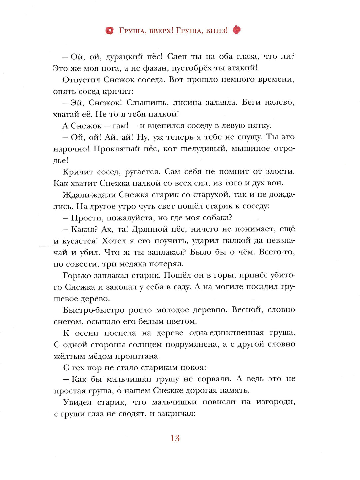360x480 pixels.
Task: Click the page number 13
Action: tap(175, 438)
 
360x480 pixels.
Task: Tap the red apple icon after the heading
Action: tap(237, 30)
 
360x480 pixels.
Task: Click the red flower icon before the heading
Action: tap(109, 31)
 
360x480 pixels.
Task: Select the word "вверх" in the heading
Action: tap(160, 31)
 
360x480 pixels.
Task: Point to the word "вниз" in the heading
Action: tap(217, 31)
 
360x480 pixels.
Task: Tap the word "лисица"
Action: tap(187, 103)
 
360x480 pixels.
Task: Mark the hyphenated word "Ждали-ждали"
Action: tap(89, 195)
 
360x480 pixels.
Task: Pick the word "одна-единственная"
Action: tap(226, 333)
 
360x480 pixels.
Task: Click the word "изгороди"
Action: tap(276, 402)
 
